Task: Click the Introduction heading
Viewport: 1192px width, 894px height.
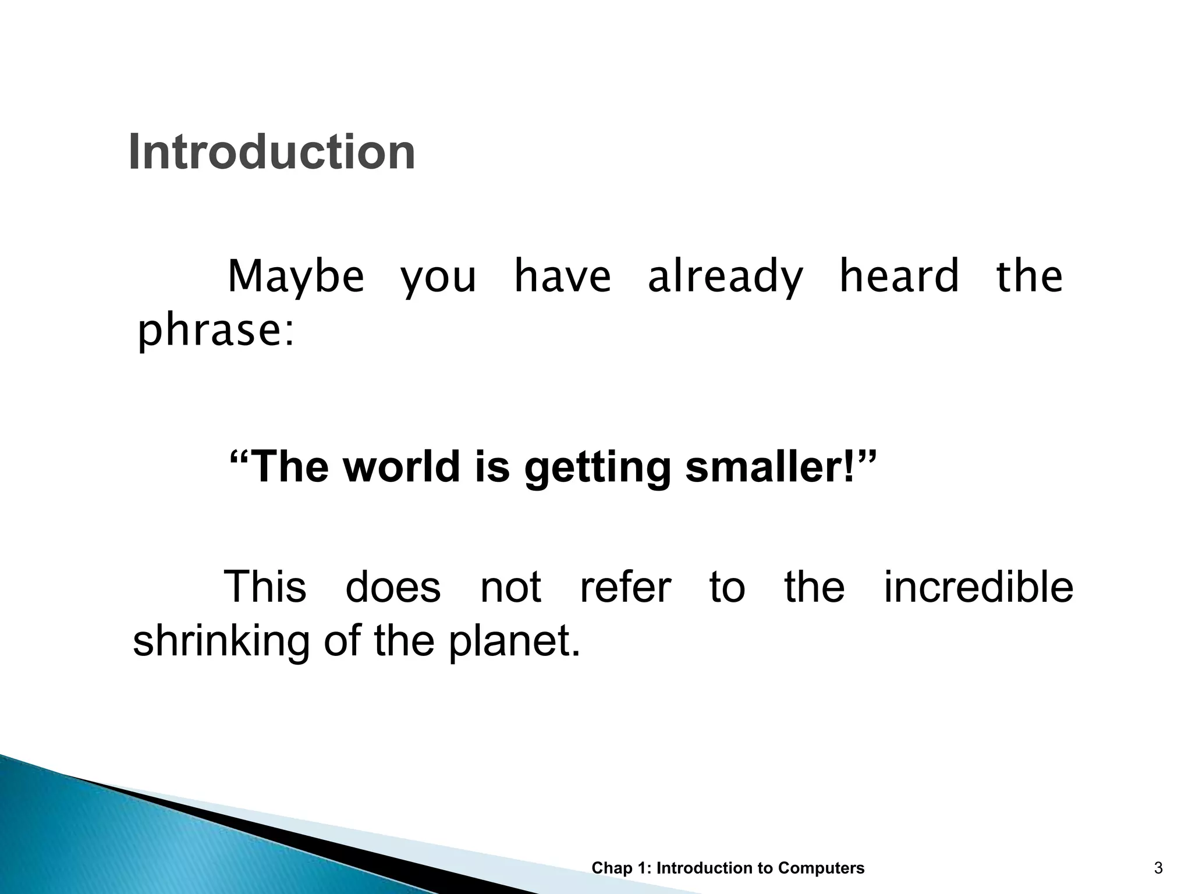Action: pyautogui.click(x=271, y=152)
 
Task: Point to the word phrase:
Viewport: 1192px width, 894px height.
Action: pyautogui.click(x=216, y=332)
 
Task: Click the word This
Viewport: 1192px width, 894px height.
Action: pyautogui.click(x=265, y=587)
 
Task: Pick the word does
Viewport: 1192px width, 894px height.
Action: pyautogui.click(x=393, y=587)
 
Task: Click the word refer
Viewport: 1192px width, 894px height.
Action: pyautogui.click(x=626, y=587)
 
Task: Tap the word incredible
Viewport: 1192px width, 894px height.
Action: pyautogui.click(x=978, y=587)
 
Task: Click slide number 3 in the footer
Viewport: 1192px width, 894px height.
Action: pyautogui.click(x=1158, y=868)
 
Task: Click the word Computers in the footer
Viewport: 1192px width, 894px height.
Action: pyautogui.click(x=821, y=868)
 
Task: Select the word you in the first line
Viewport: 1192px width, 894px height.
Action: pyautogui.click(x=438, y=278)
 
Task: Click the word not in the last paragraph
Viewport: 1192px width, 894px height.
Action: pyautogui.click(x=510, y=587)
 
